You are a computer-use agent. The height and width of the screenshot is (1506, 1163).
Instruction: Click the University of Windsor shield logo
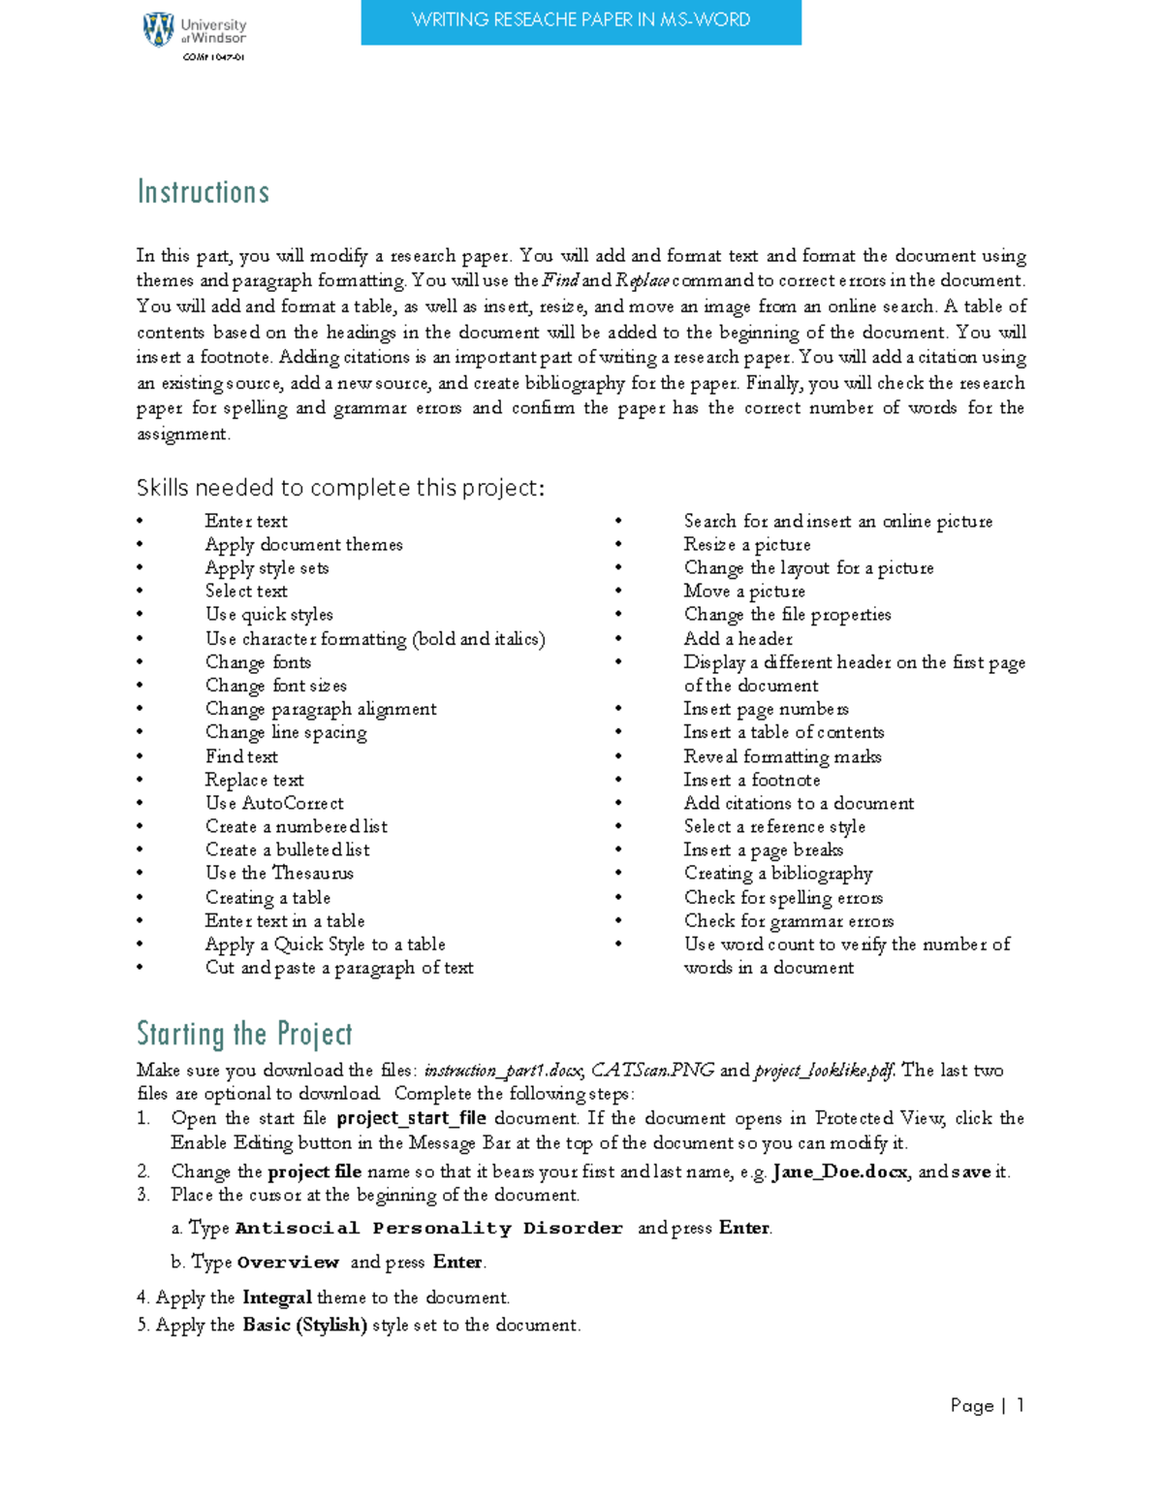[158, 30]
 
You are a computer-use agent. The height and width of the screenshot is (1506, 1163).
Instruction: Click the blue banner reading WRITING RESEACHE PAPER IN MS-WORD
[581, 21]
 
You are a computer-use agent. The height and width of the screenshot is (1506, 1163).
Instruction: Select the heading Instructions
[203, 192]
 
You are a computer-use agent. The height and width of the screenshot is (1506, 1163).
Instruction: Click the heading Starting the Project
[244, 1034]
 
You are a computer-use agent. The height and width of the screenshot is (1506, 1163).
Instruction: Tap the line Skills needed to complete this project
[340, 488]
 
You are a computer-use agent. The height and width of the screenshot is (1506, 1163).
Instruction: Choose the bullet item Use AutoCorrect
[274, 803]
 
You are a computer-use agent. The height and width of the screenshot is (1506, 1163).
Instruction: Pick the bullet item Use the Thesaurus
[279, 873]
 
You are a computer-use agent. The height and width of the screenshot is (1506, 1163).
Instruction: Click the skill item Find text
[241, 756]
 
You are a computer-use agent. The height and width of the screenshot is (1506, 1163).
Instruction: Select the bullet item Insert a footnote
[751, 780]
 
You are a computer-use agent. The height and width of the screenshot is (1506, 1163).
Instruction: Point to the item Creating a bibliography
[777, 873]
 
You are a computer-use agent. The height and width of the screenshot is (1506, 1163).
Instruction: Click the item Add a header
[738, 639]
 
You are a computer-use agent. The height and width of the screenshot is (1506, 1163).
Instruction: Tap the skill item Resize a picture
[746, 545]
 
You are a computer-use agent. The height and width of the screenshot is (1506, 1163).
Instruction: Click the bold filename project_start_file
[411, 1118]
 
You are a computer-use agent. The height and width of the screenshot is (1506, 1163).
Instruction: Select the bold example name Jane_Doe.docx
[839, 1171]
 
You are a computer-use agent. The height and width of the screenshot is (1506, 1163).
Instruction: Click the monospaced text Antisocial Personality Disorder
[428, 1229]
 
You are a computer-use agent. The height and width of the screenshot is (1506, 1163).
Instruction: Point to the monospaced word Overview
[288, 1263]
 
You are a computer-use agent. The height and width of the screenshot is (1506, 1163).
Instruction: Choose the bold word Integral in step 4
[277, 1298]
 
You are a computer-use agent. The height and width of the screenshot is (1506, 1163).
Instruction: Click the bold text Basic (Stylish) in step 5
[304, 1325]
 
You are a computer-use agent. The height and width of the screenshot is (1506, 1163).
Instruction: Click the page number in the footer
[1021, 1405]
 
